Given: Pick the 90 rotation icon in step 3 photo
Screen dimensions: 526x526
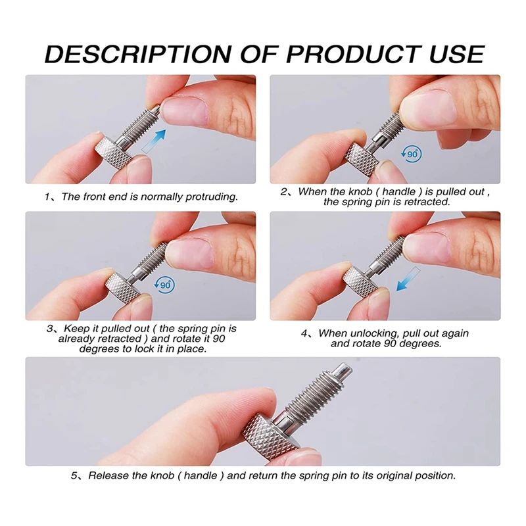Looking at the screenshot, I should (165, 284).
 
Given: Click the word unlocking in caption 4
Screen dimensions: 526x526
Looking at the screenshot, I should (370, 333).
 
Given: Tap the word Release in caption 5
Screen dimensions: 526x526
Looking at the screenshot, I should (107, 475).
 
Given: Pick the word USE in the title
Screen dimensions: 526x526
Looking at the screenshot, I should (450, 54).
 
